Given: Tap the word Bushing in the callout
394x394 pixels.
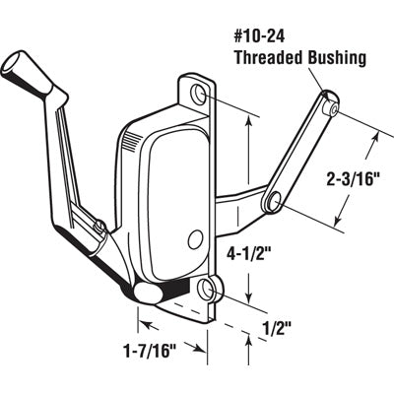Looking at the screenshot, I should tap(339, 58).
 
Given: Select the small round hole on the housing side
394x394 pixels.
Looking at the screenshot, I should tap(193, 236).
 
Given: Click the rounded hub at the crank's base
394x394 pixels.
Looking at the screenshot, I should tap(148, 293).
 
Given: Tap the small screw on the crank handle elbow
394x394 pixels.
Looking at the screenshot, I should tap(102, 229).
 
